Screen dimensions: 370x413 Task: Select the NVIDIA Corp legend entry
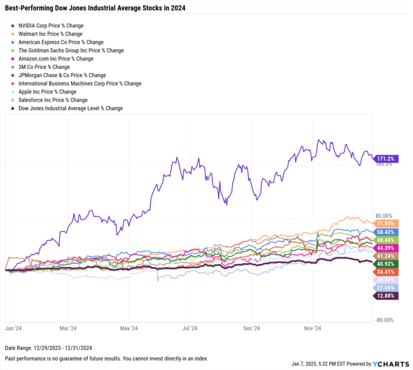point(51,25)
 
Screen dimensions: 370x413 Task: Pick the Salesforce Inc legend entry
point(52,100)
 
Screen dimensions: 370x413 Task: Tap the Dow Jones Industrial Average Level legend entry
point(70,108)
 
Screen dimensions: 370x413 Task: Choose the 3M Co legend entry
point(44,67)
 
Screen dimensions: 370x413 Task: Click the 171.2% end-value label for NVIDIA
point(386,159)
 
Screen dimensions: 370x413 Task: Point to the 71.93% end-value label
point(386,223)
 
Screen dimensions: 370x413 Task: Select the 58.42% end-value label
point(386,231)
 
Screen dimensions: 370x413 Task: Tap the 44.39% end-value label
point(386,248)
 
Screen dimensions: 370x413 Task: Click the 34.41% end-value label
point(386,273)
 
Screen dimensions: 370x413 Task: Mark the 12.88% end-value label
point(386,296)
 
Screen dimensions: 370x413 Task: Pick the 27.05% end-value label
point(386,288)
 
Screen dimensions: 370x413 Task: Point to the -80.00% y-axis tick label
point(384,320)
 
